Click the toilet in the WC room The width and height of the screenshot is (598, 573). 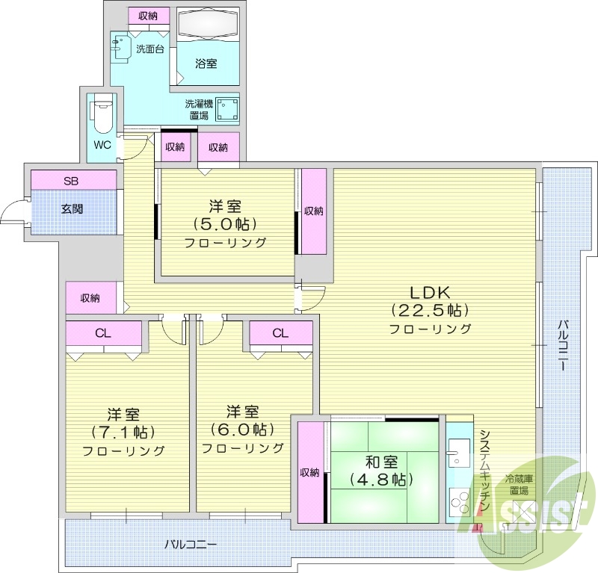(101, 117)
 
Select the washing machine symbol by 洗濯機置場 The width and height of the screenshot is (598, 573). (226, 111)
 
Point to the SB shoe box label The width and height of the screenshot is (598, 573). (70, 180)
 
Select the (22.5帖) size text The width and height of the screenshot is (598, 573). (430, 310)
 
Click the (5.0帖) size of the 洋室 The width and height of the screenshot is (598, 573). (226, 224)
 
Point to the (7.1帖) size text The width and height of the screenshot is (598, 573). (123, 432)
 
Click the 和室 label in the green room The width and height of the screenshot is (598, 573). (381, 461)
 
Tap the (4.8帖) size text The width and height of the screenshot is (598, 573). (380, 479)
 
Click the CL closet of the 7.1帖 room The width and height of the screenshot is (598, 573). (103, 333)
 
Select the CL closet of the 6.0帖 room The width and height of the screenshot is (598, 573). (280, 333)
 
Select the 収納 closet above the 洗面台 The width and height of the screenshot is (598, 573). (147, 16)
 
